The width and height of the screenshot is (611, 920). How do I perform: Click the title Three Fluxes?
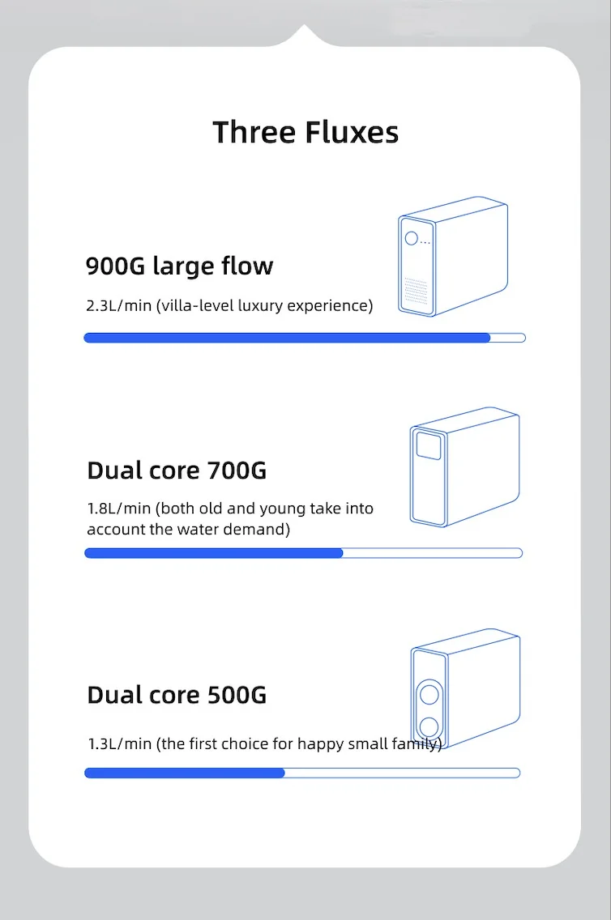pos(305,132)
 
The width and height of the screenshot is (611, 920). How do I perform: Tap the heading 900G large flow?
pos(179,266)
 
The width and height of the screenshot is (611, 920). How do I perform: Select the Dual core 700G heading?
pos(177,470)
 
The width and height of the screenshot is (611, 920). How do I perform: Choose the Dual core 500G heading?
pos(177,695)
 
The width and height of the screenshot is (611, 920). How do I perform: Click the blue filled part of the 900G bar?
pos(287,338)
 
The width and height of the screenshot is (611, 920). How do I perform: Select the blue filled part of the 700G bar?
pos(214,553)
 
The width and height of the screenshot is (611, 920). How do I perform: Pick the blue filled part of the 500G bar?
pos(185,773)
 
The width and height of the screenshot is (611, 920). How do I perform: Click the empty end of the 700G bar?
pos(433,553)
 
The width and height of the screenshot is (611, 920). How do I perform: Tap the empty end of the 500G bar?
pos(402,773)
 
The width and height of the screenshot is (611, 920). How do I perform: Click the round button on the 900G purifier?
pos(412,239)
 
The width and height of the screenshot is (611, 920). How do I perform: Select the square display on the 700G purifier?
pos(427,445)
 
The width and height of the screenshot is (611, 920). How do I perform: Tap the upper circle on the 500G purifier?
pos(429,696)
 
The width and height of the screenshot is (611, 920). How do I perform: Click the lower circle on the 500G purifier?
pos(429,726)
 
